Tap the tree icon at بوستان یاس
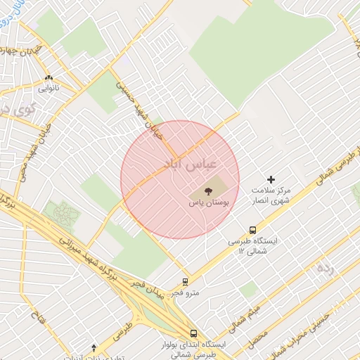[x=208, y=191]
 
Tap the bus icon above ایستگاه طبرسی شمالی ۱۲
[x=252, y=229]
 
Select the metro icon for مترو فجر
[x=186, y=281]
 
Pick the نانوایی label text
[x=48, y=89]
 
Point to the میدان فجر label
[x=149, y=288]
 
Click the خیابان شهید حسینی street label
[x=145, y=112]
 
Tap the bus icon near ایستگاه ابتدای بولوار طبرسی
[x=193, y=334]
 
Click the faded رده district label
[x=324, y=267]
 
